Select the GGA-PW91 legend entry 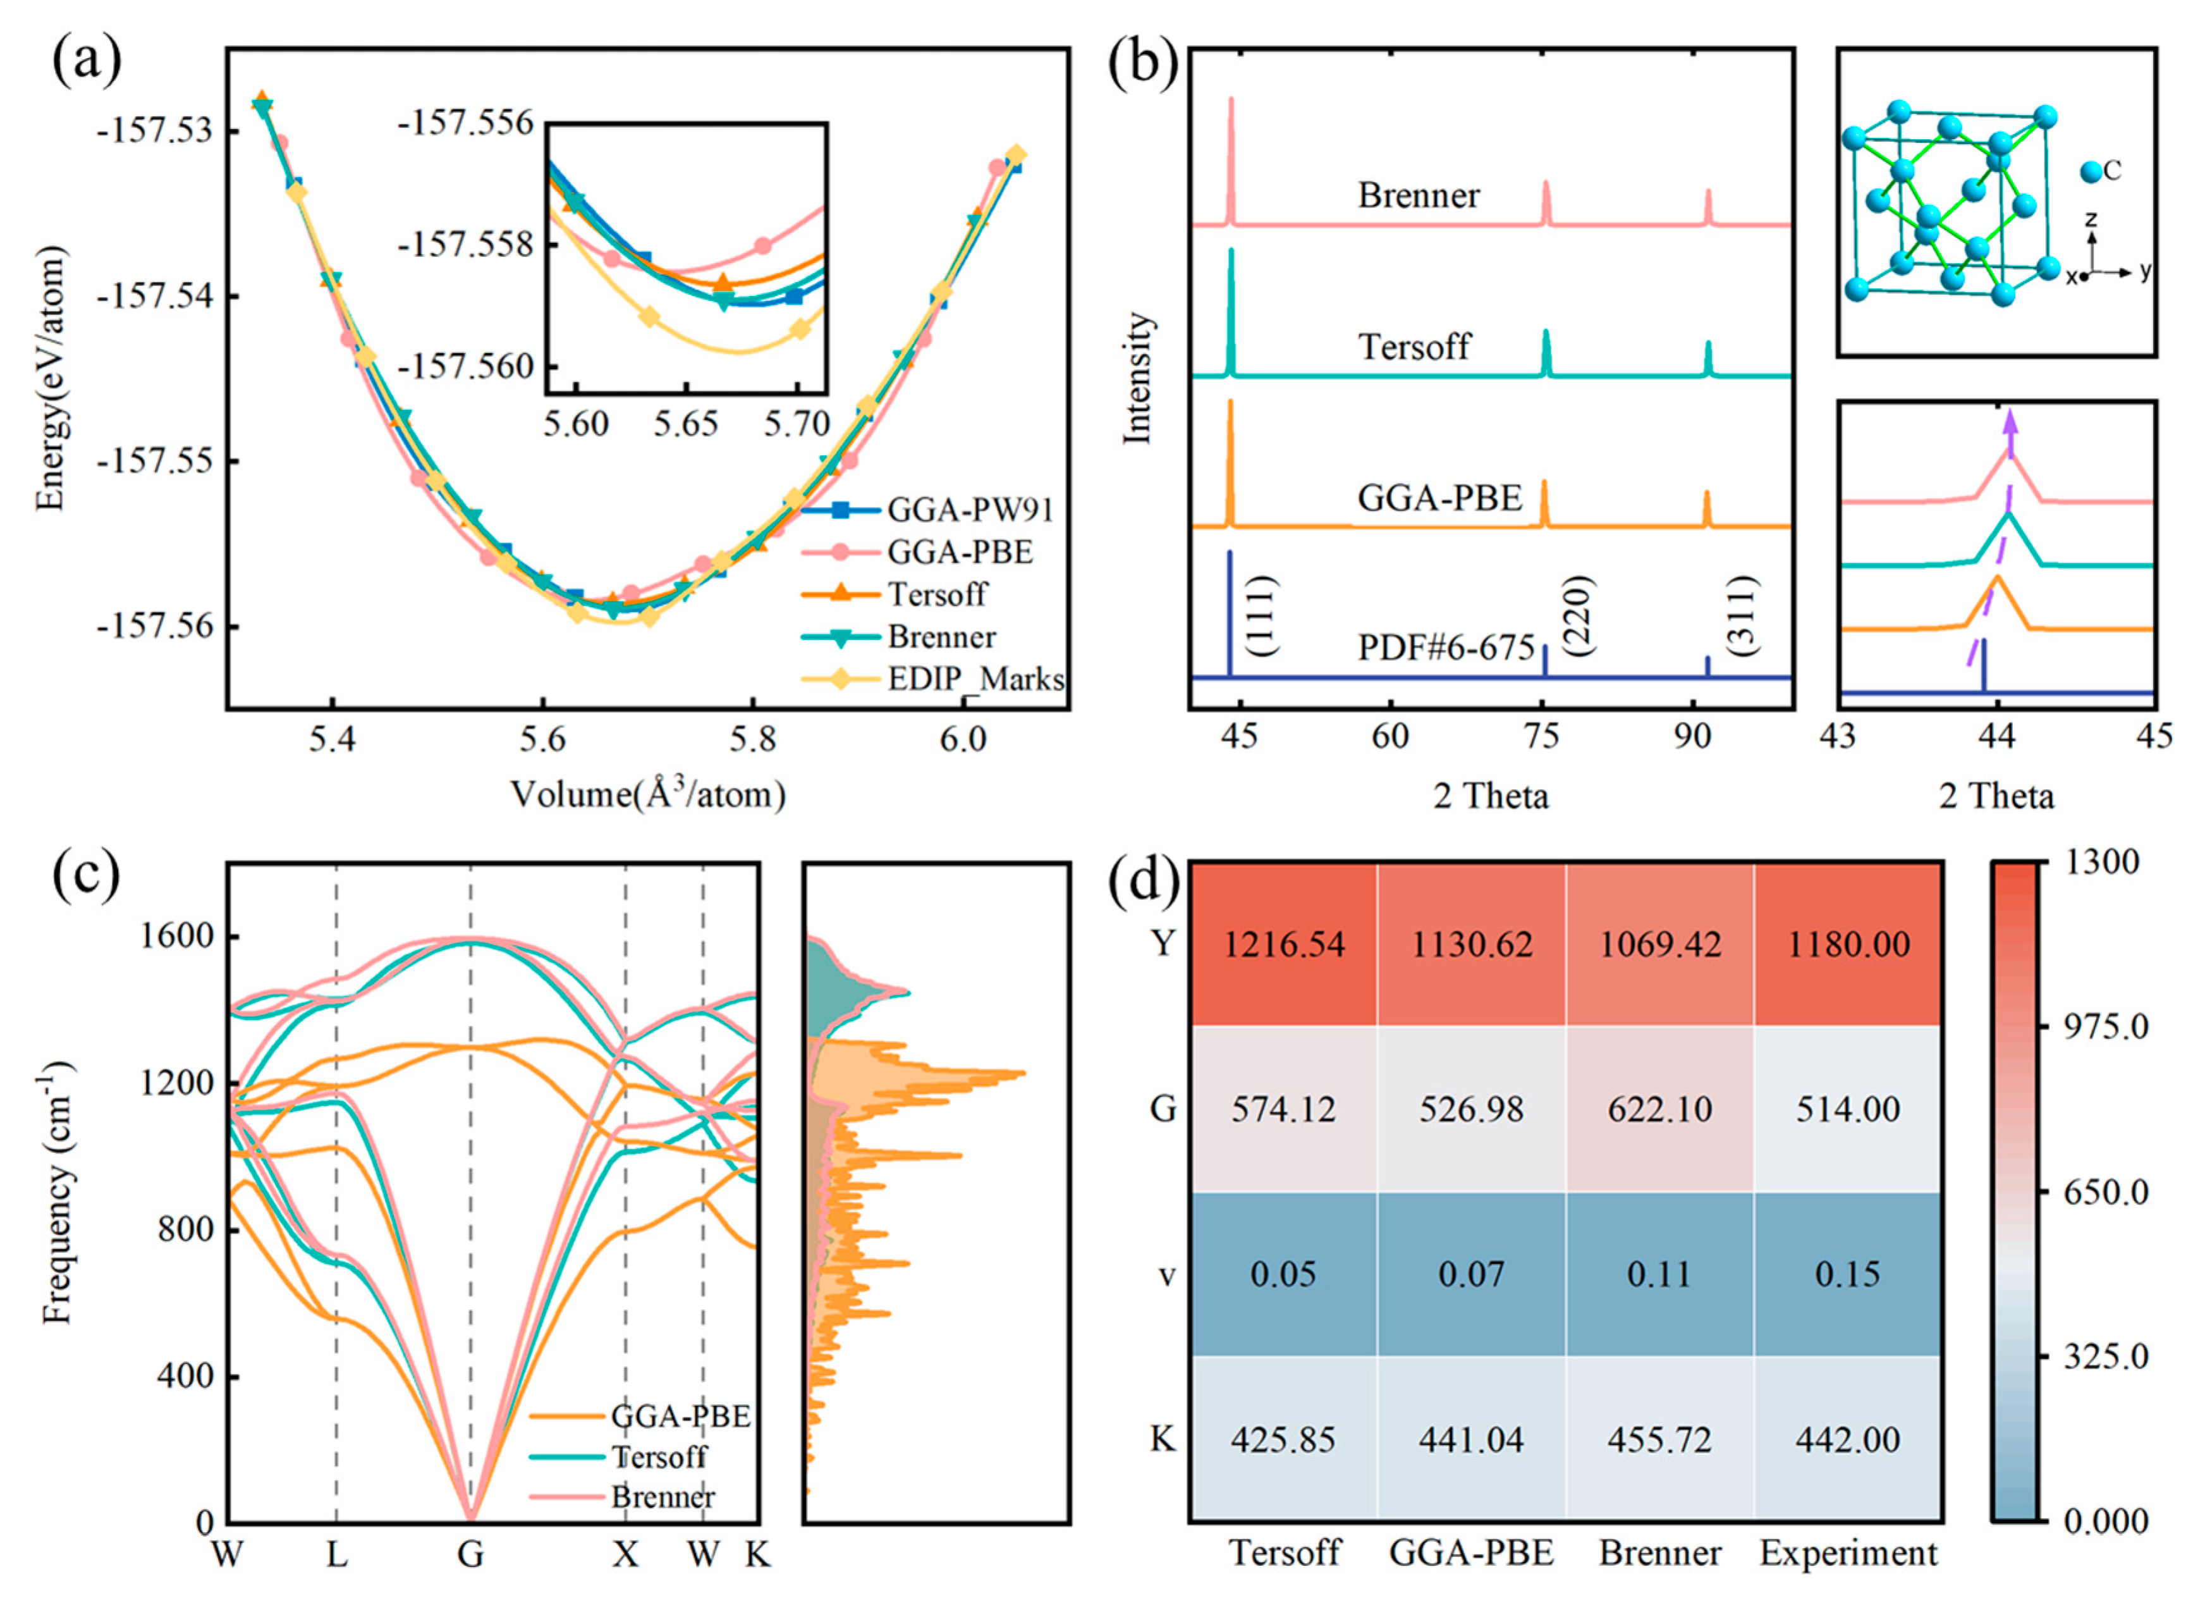(969, 509)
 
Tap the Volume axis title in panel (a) (648, 795)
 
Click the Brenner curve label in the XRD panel (1418, 195)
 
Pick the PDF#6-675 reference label (1445, 647)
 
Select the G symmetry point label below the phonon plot (470, 1554)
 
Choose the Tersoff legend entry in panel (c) (659, 1456)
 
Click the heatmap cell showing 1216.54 (1283, 944)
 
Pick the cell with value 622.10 (1659, 1109)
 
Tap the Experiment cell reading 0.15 (1847, 1274)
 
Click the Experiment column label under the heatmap (1847, 1553)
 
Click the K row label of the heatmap (1163, 1438)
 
